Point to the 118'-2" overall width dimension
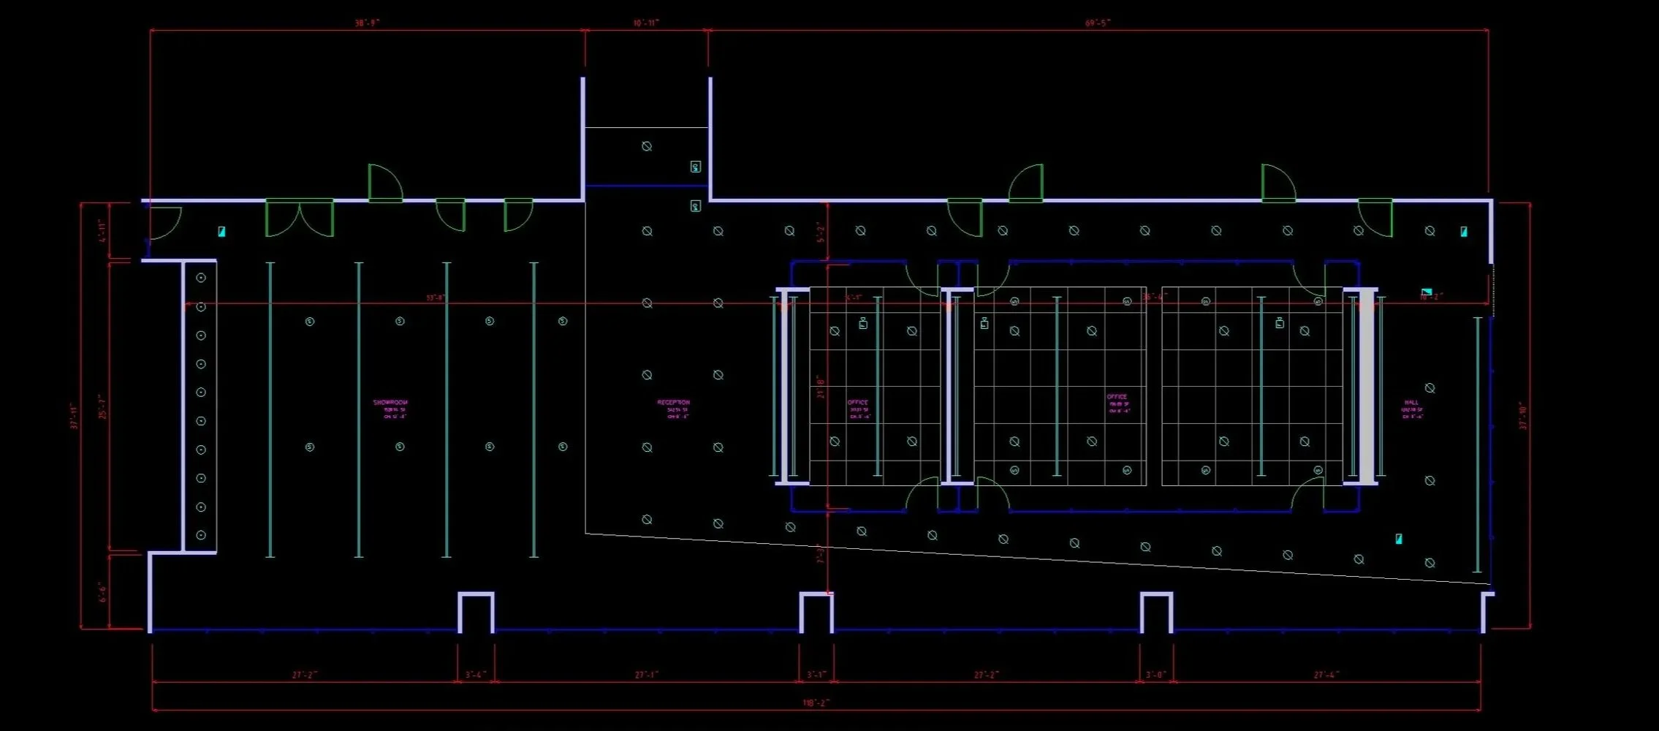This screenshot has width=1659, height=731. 816,702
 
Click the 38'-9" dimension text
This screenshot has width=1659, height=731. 367,23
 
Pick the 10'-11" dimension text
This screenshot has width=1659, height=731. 646,23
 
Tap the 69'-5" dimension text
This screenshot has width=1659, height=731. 1098,23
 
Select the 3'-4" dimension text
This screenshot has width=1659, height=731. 475,675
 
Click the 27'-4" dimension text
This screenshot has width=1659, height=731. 1326,675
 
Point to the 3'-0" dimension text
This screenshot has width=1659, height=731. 1155,675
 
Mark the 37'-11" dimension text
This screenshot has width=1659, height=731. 74,415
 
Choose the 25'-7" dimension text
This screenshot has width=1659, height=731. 102,406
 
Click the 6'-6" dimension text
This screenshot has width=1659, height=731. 102,592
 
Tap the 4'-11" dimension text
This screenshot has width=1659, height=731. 102,231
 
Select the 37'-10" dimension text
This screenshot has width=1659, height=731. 1523,415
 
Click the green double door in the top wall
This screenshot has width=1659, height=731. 300,218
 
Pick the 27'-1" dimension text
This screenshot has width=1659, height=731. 646,675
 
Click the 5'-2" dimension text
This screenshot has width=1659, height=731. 820,232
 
